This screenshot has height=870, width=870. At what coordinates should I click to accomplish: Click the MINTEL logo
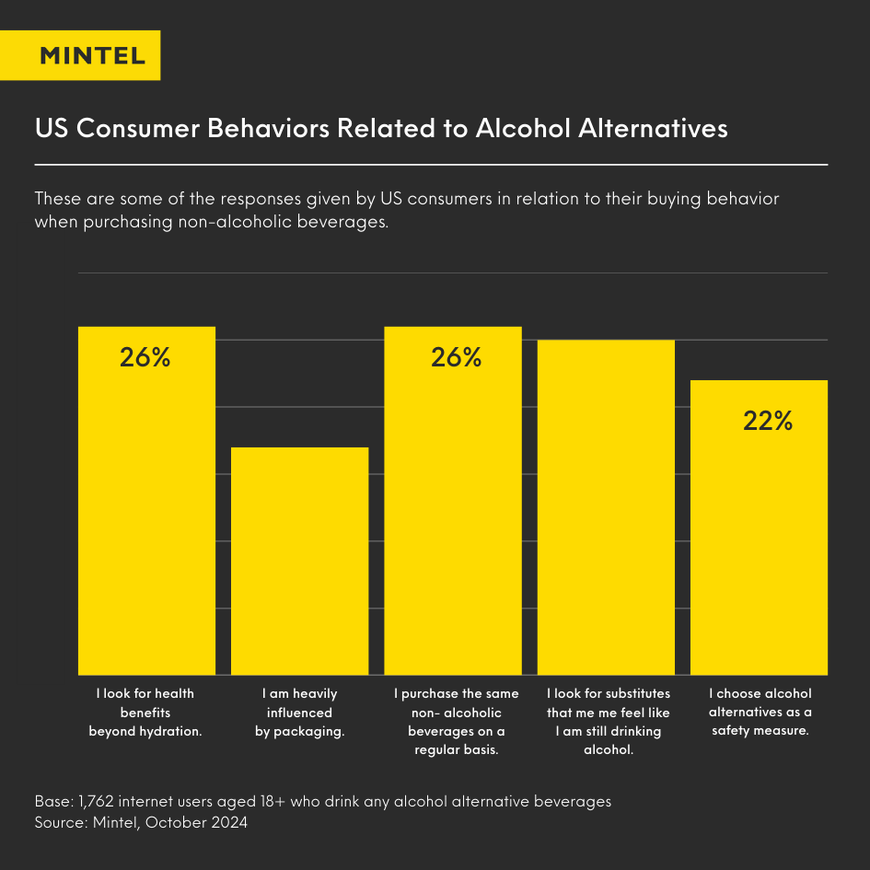click(93, 55)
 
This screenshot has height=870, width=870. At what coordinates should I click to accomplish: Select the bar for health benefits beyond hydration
click(146, 516)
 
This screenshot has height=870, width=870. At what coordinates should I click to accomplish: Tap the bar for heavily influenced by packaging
click(299, 562)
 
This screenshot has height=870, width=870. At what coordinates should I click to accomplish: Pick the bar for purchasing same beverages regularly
click(453, 516)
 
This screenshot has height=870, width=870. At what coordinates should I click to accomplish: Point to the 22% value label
click(768, 421)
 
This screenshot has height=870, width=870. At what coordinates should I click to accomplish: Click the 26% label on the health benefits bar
click(145, 358)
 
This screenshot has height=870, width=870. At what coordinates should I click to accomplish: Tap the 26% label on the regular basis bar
click(456, 358)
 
